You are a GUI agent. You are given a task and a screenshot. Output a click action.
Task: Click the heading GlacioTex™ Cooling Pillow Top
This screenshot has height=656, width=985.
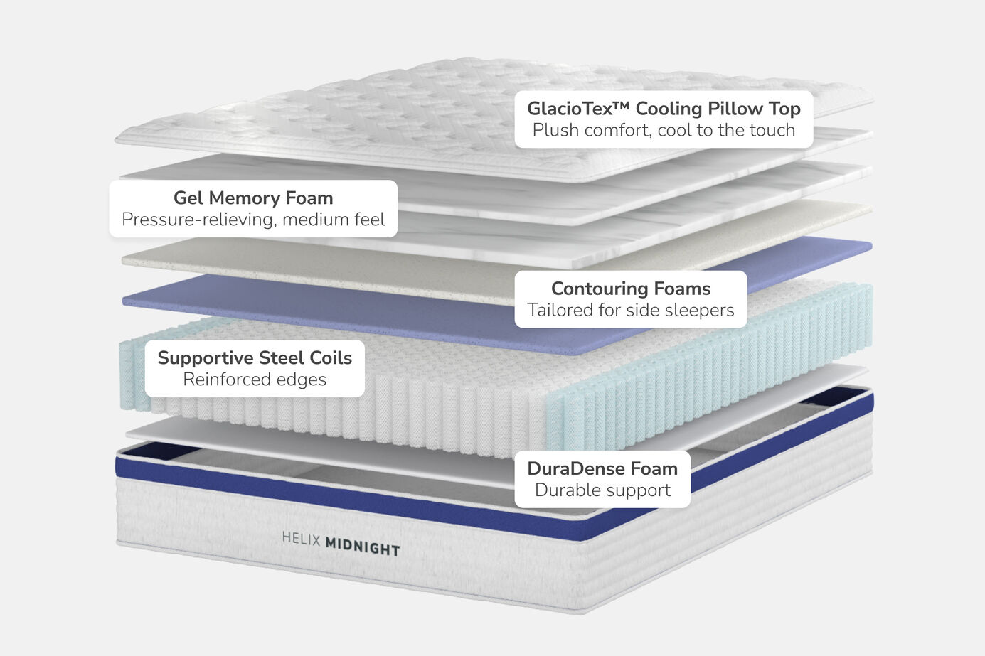pos(664,109)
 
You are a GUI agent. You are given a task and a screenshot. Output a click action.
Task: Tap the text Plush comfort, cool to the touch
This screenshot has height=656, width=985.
pos(664,131)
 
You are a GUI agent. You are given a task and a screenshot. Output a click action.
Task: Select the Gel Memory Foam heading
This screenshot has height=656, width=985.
pos(253,198)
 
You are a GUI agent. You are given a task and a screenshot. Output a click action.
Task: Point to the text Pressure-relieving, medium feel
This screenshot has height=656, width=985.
pos(253,220)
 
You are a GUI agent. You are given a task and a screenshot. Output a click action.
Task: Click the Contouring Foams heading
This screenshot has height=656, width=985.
pos(631,289)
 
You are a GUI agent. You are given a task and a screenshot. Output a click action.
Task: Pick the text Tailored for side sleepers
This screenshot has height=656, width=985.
pos(631,311)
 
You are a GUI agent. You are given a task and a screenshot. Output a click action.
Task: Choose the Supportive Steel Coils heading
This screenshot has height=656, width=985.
pos(255,357)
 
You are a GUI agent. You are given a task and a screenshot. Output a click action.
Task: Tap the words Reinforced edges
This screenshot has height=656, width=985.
pos(255,380)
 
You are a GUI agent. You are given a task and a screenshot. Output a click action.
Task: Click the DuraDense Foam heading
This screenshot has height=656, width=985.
pos(602,468)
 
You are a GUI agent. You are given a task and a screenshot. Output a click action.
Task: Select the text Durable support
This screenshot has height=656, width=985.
pos(602,490)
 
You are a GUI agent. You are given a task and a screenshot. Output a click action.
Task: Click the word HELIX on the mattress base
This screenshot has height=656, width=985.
pos(302,539)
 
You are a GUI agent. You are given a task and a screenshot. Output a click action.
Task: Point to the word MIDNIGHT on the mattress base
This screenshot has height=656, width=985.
pos(363,547)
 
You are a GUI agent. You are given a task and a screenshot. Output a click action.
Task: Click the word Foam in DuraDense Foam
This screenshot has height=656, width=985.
pos(654,468)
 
